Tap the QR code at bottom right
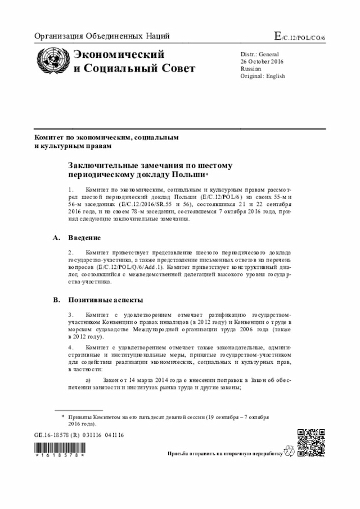pyautogui.click(x=310, y=442)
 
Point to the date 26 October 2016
pyautogui.click(x=263, y=61)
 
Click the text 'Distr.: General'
pyautogui.click(x=259, y=54)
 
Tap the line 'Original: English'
pyautogui.click(x=263, y=76)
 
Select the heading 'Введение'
pyautogui.click(x=84, y=238)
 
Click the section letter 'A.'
pyautogui.click(x=56, y=238)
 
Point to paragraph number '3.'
pyautogui.click(x=71, y=315)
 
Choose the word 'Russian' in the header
pyautogui.click(x=251, y=69)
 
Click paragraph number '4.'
pyautogui.click(x=71, y=348)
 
